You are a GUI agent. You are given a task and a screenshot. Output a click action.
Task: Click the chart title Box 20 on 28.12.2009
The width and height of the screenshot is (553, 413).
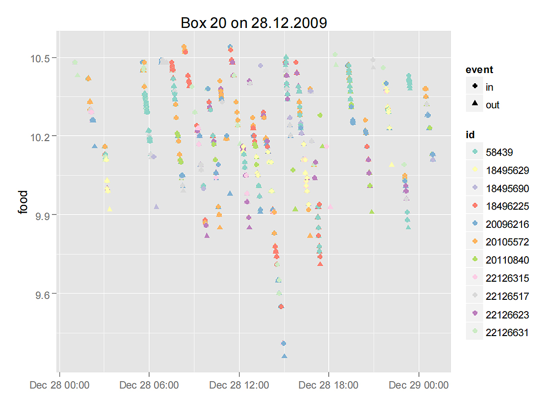pos(254,23)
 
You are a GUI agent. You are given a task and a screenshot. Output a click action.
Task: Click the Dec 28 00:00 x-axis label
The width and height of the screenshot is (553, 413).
pos(59,385)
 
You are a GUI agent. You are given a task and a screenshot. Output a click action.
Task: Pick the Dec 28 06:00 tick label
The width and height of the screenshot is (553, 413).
pos(149,385)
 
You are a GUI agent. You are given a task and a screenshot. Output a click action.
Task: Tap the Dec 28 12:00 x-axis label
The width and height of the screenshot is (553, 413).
pos(239,385)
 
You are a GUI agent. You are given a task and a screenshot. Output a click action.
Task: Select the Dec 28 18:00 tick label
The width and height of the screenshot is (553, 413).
pos(329,385)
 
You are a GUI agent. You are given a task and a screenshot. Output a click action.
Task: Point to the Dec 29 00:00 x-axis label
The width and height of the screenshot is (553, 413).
pos(419,385)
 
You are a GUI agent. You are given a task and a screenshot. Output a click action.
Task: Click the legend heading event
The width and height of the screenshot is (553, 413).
pos(479,70)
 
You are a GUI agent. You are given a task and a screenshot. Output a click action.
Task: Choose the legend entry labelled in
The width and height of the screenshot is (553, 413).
pos(489,87)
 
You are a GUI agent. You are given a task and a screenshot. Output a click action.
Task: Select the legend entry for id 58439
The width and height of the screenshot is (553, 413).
pos(499,152)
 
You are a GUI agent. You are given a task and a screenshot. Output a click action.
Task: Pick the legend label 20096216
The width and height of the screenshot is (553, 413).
pos(507,224)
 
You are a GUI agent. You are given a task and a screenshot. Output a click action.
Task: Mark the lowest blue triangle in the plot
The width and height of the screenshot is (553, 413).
pos(284,356)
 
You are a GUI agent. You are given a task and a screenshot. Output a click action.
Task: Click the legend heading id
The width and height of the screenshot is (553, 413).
pos(470,135)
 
